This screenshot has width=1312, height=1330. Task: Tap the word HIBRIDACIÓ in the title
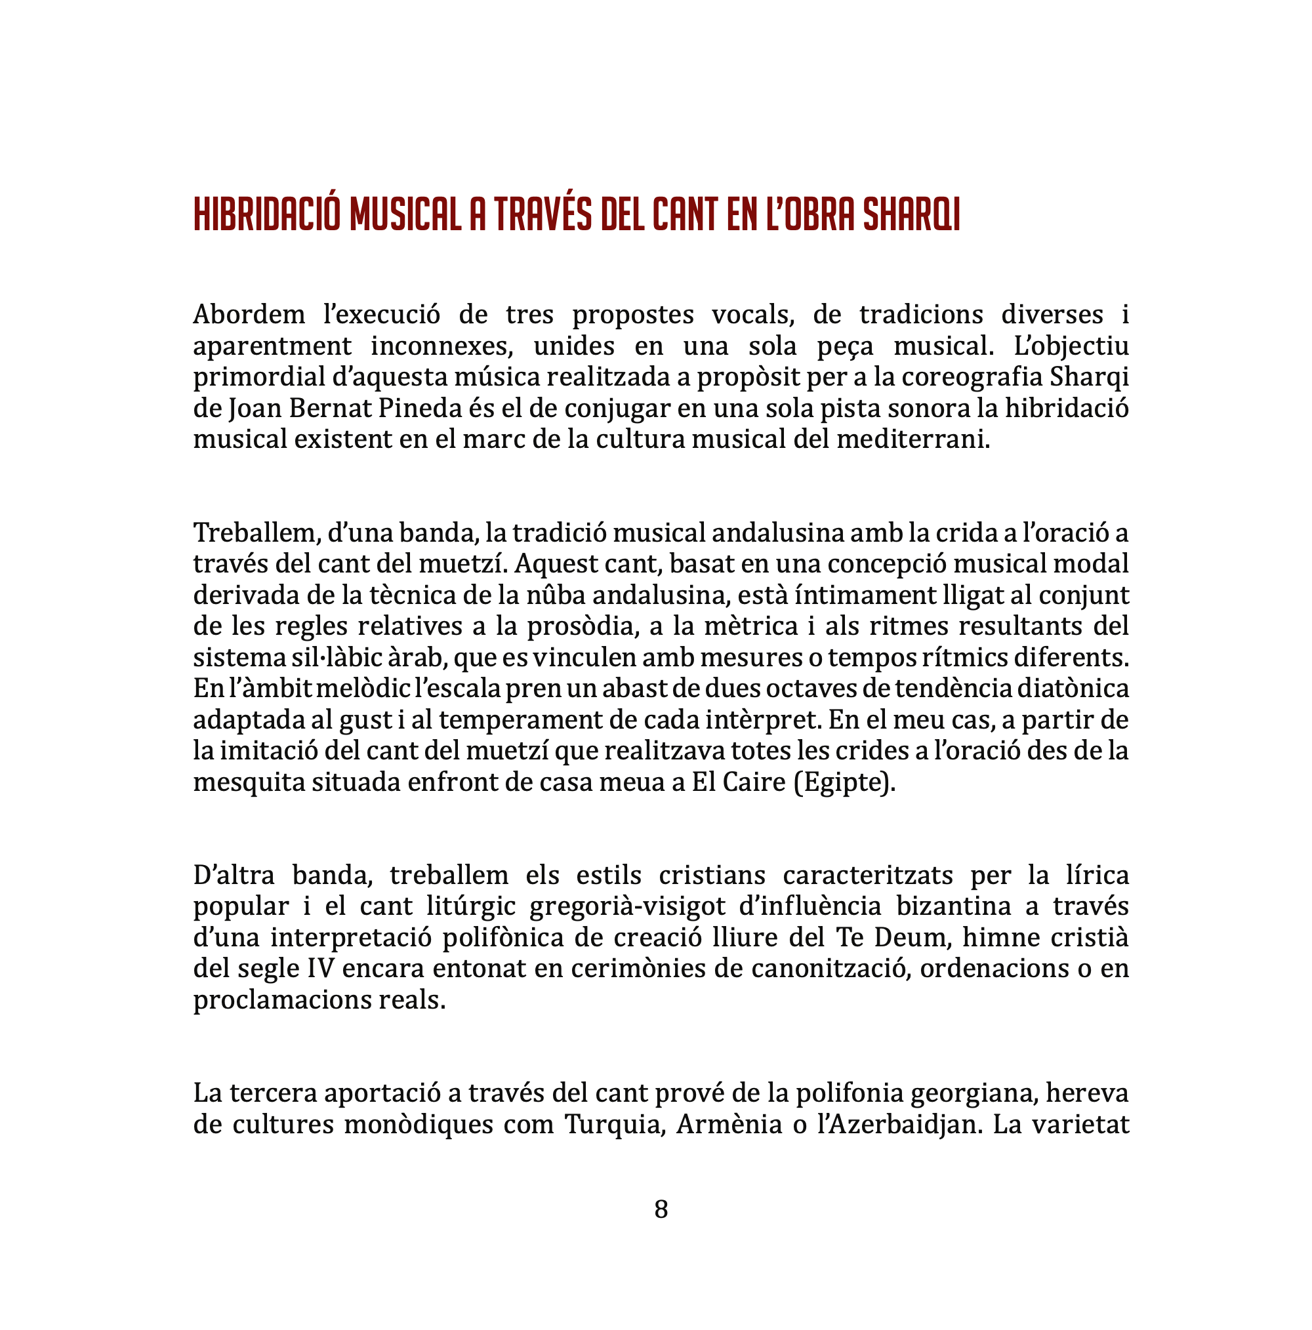coord(266,215)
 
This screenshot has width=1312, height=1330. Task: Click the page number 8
coord(661,1209)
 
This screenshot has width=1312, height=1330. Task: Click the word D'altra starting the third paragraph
coord(234,876)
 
